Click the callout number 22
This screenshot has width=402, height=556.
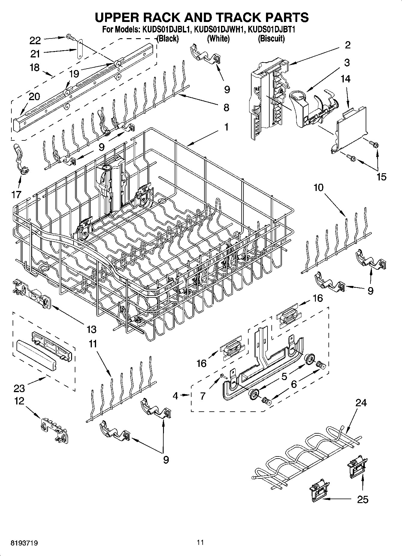(35, 40)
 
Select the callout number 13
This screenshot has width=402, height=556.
(91, 330)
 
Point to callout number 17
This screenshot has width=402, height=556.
(16, 194)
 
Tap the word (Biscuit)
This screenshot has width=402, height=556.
(271, 38)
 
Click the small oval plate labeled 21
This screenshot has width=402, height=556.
(80, 51)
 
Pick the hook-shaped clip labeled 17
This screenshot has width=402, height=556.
(21, 159)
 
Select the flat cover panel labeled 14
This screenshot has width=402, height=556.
(351, 126)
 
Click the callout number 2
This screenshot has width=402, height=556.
(347, 45)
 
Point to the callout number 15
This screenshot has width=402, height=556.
(381, 177)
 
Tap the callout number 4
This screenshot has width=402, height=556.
(176, 396)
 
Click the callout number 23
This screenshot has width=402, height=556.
(19, 388)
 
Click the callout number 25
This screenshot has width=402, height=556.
(363, 499)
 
